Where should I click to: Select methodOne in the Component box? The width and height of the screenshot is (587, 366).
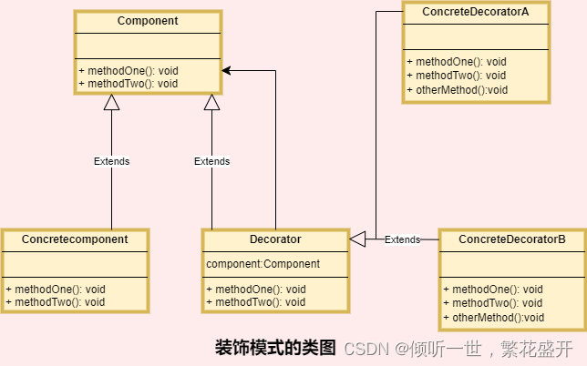[x=128, y=70]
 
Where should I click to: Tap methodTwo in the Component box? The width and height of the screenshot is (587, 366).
[x=128, y=83]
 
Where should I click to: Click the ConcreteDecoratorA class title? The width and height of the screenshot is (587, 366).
[x=475, y=11]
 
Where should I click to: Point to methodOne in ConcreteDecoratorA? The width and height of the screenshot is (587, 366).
[x=455, y=61]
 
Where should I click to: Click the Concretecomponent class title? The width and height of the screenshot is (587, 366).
[x=75, y=239]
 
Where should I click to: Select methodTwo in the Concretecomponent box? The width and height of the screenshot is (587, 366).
[x=56, y=301]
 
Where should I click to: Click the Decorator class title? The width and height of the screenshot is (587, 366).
[x=274, y=239]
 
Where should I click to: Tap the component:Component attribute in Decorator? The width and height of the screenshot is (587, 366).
[x=263, y=264]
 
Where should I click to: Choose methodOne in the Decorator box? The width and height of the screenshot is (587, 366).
[x=256, y=289]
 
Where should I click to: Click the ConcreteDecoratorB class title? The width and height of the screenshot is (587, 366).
[x=511, y=239]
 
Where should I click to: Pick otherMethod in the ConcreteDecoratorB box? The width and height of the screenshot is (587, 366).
[x=493, y=317]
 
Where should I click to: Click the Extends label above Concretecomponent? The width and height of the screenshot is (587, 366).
[x=111, y=161]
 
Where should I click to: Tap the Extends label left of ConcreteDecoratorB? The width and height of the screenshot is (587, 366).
[x=402, y=239]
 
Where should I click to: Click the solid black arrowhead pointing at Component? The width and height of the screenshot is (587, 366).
[x=227, y=70]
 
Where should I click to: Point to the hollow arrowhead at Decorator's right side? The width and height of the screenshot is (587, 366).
[x=357, y=239]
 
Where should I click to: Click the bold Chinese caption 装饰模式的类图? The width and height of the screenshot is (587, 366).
[x=275, y=348]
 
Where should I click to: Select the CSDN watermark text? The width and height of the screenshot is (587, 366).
[x=366, y=349]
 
